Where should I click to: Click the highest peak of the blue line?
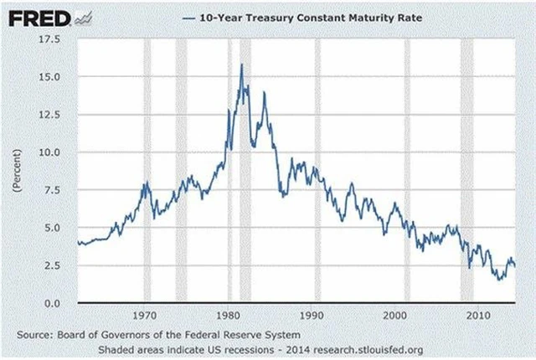(x=241, y=64)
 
